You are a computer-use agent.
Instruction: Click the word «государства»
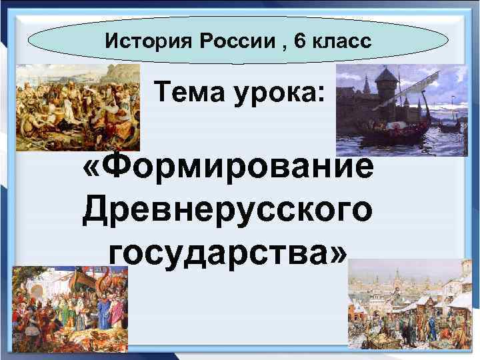[x=217, y=254]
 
